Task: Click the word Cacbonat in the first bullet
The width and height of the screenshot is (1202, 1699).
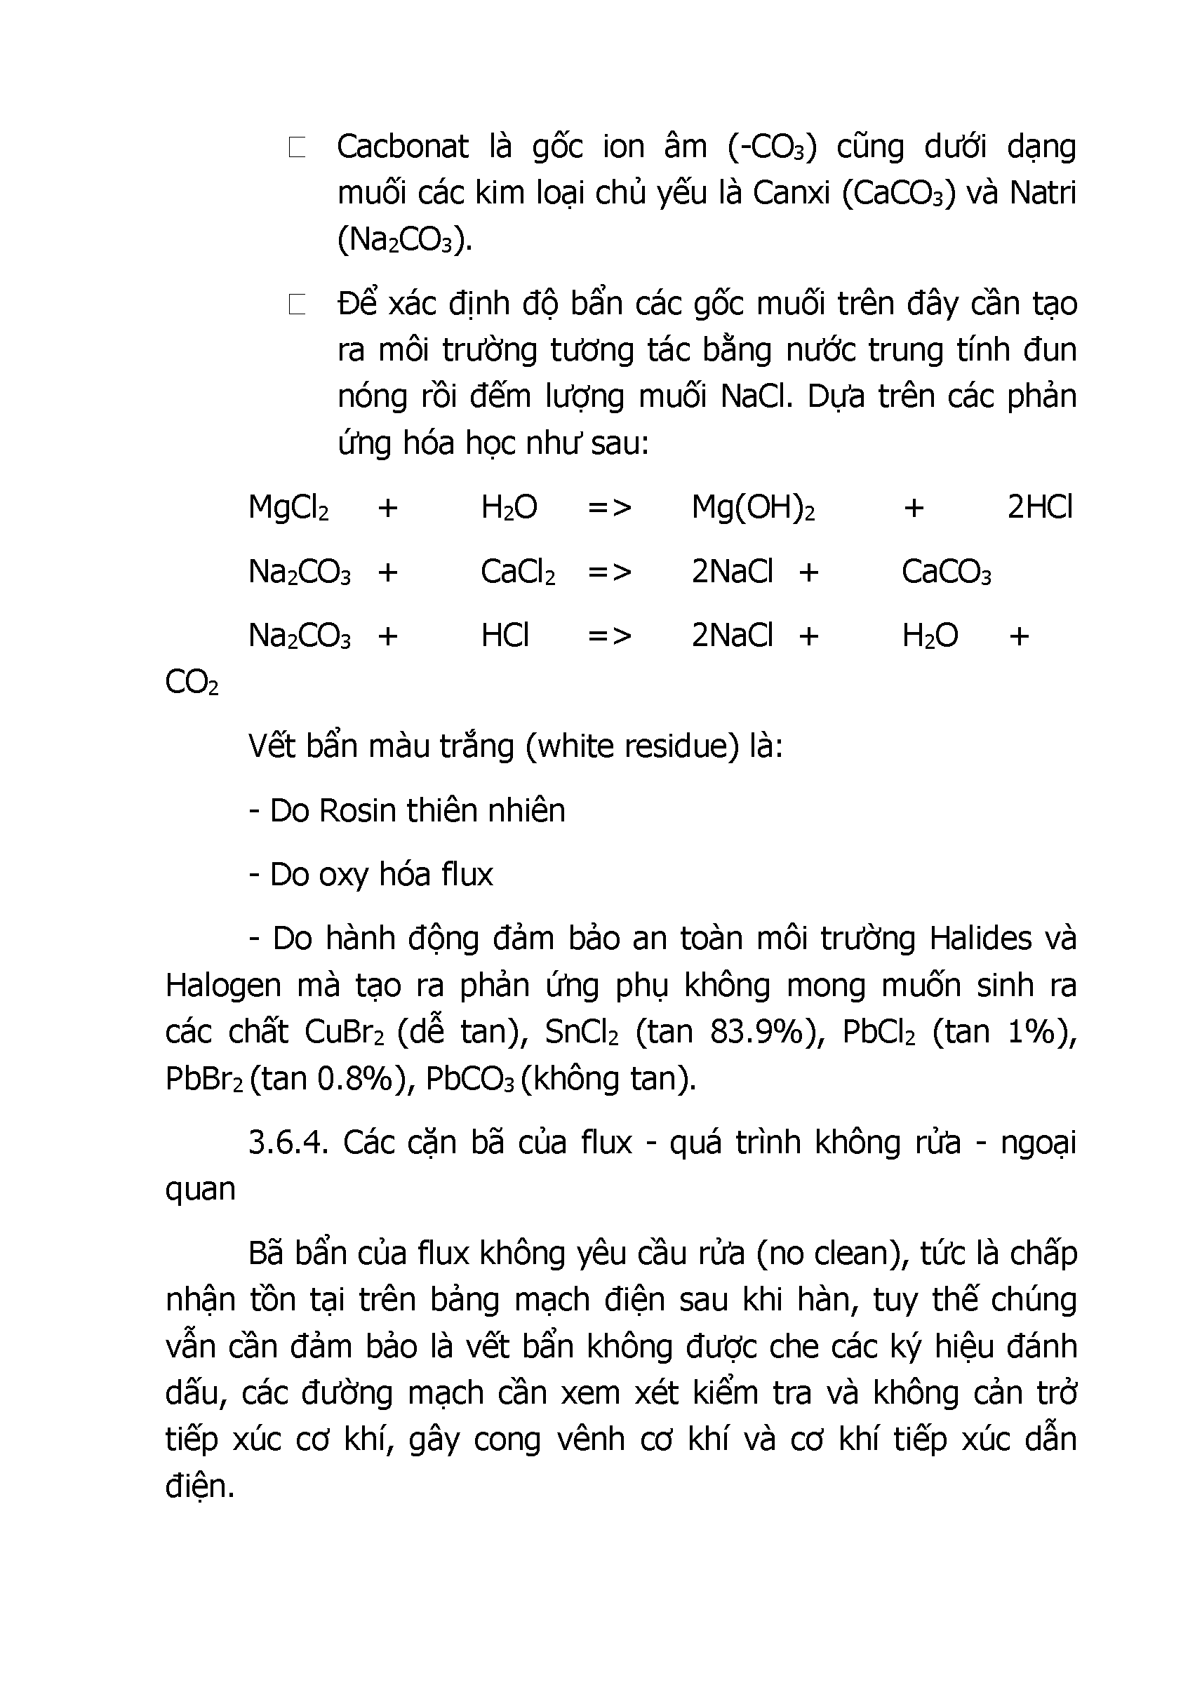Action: point(403,147)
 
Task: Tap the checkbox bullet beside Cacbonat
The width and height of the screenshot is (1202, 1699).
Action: point(297,147)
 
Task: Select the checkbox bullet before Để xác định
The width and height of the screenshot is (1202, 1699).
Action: point(297,304)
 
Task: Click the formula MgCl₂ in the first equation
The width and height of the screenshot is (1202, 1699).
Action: point(288,508)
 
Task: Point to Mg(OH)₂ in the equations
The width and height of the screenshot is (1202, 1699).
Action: point(753,508)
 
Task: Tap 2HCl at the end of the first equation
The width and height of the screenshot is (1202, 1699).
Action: point(1039,508)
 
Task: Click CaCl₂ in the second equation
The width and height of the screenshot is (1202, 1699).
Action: point(517,572)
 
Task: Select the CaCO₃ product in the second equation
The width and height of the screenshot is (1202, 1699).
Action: point(946,572)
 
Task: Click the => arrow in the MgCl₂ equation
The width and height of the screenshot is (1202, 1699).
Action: point(609,508)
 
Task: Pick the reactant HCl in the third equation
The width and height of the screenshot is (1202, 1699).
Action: point(505,636)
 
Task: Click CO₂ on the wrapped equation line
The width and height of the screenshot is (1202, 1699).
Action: point(192,683)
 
